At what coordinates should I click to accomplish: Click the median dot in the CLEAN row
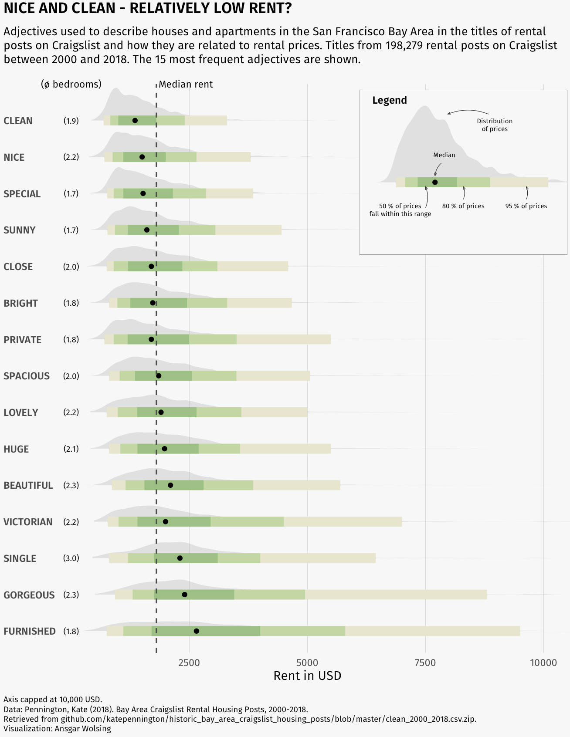click(x=135, y=120)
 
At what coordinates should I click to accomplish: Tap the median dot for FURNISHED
click(x=196, y=631)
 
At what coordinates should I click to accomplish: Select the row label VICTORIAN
click(x=28, y=522)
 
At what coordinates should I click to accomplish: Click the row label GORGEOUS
click(x=29, y=595)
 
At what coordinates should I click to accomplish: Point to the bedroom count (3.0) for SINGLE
click(x=71, y=558)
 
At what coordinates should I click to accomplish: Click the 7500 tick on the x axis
click(x=425, y=663)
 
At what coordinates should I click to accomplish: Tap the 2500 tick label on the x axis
click(x=189, y=663)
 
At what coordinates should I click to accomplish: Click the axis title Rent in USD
click(x=307, y=676)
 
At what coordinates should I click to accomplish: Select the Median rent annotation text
click(x=186, y=84)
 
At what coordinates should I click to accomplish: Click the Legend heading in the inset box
click(x=389, y=100)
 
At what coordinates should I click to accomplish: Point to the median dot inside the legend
click(x=435, y=182)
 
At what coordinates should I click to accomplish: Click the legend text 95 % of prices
click(x=526, y=206)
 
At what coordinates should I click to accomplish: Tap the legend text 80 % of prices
click(x=463, y=206)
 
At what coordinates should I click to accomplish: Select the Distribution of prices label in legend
click(x=495, y=125)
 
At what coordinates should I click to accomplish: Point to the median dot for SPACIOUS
click(x=159, y=375)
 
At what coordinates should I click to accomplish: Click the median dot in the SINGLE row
click(x=180, y=558)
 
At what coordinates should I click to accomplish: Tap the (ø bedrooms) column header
click(x=71, y=84)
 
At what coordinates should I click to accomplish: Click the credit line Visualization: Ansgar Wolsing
click(x=57, y=728)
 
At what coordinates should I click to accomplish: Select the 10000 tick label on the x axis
click(x=543, y=663)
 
